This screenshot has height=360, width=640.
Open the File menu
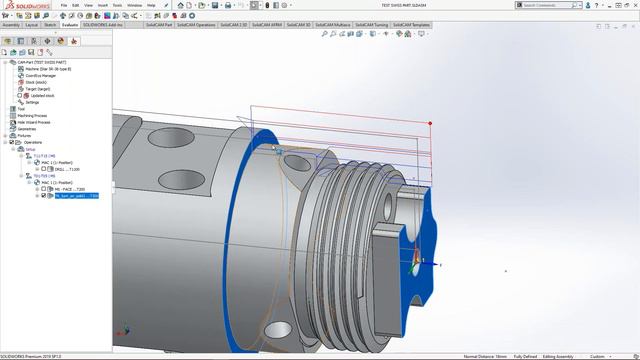click(x=62, y=5)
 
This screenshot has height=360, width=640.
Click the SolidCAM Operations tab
click(x=218, y=23)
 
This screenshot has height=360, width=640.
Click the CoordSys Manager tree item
click(x=40, y=75)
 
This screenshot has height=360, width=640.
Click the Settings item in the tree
click(x=32, y=102)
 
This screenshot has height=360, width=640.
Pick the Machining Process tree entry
click(x=33, y=115)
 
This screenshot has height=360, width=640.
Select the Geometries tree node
click(x=27, y=129)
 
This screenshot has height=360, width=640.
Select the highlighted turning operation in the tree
click(x=75, y=196)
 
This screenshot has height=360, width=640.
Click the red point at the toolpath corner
click(x=430, y=124)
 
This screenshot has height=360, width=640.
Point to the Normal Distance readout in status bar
click(x=486, y=356)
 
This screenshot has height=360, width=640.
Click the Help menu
click(x=151, y=5)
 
